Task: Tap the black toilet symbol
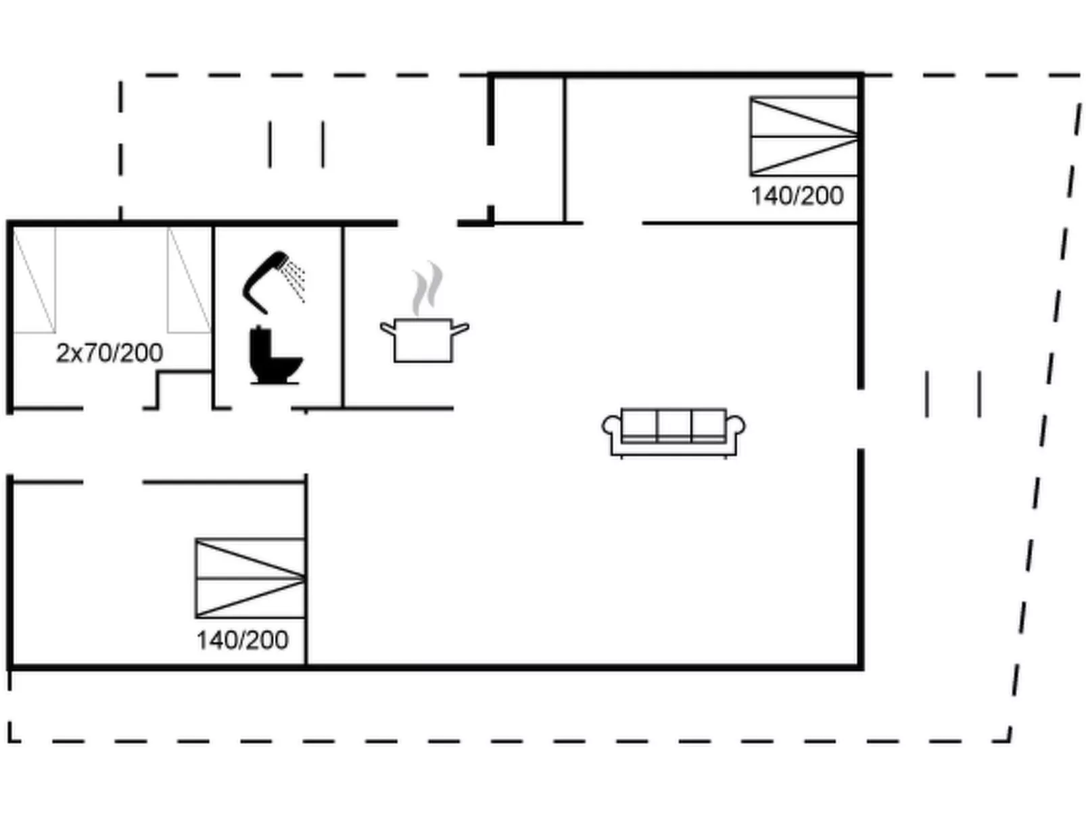[x=274, y=355]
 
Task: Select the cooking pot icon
[x=423, y=340]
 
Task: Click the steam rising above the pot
[x=427, y=289]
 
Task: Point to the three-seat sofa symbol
[x=674, y=432]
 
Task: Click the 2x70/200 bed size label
[x=110, y=353]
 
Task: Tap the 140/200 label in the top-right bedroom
[x=797, y=196]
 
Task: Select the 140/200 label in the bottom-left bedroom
[x=242, y=640]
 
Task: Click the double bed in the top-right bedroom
[x=804, y=137]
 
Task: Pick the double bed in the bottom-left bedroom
[x=250, y=578]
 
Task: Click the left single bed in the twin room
[x=34, y=280]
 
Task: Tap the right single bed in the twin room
[x=189, y=280]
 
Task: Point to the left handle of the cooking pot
[x=387, y=329]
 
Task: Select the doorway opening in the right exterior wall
[x=861, y=419]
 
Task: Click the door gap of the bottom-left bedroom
[x=113, y=482]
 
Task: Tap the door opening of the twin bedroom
[x=113, y=409]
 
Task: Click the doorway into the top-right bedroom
[x=612, y=223]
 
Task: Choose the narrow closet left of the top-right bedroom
[x=528, y=149]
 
